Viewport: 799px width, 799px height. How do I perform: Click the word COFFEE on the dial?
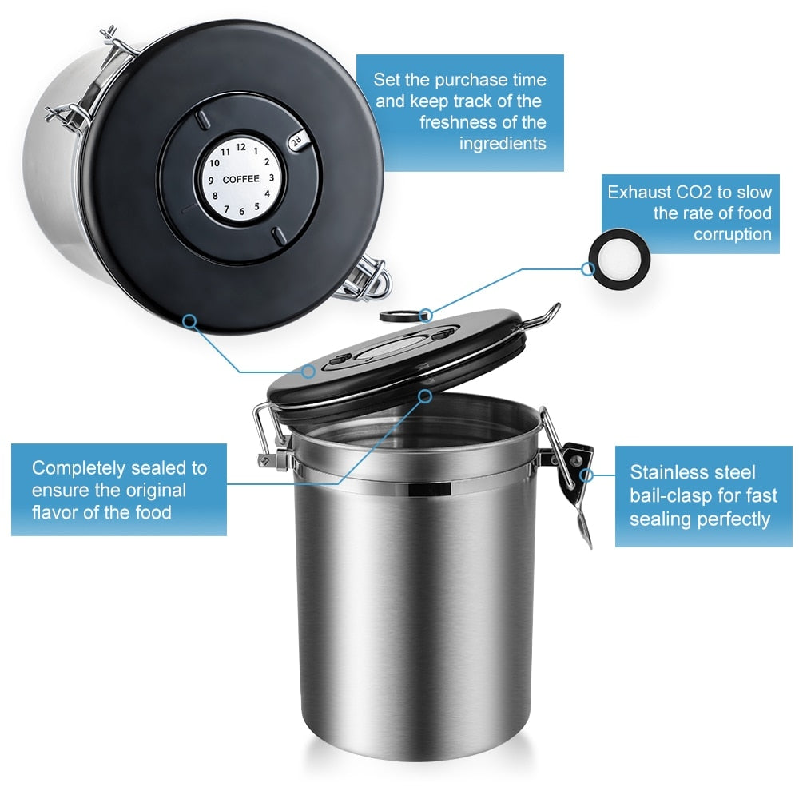click(x=240, y=179)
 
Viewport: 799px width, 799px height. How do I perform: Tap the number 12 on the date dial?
click(x=240, y=145)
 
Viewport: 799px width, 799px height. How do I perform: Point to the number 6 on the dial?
click(x=240, y=213)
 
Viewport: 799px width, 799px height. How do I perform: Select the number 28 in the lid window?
click(x=296, y=141)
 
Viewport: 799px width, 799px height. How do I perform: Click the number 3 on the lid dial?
click(x=272, y=178)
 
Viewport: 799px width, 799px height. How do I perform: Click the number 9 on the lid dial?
click(x=210, y=181)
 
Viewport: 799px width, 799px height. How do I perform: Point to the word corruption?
click(x=732, y=234)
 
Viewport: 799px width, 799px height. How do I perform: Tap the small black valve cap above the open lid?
click(x=393, y=316)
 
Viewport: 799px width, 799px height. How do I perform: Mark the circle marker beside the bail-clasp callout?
click(x=588, y=475)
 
